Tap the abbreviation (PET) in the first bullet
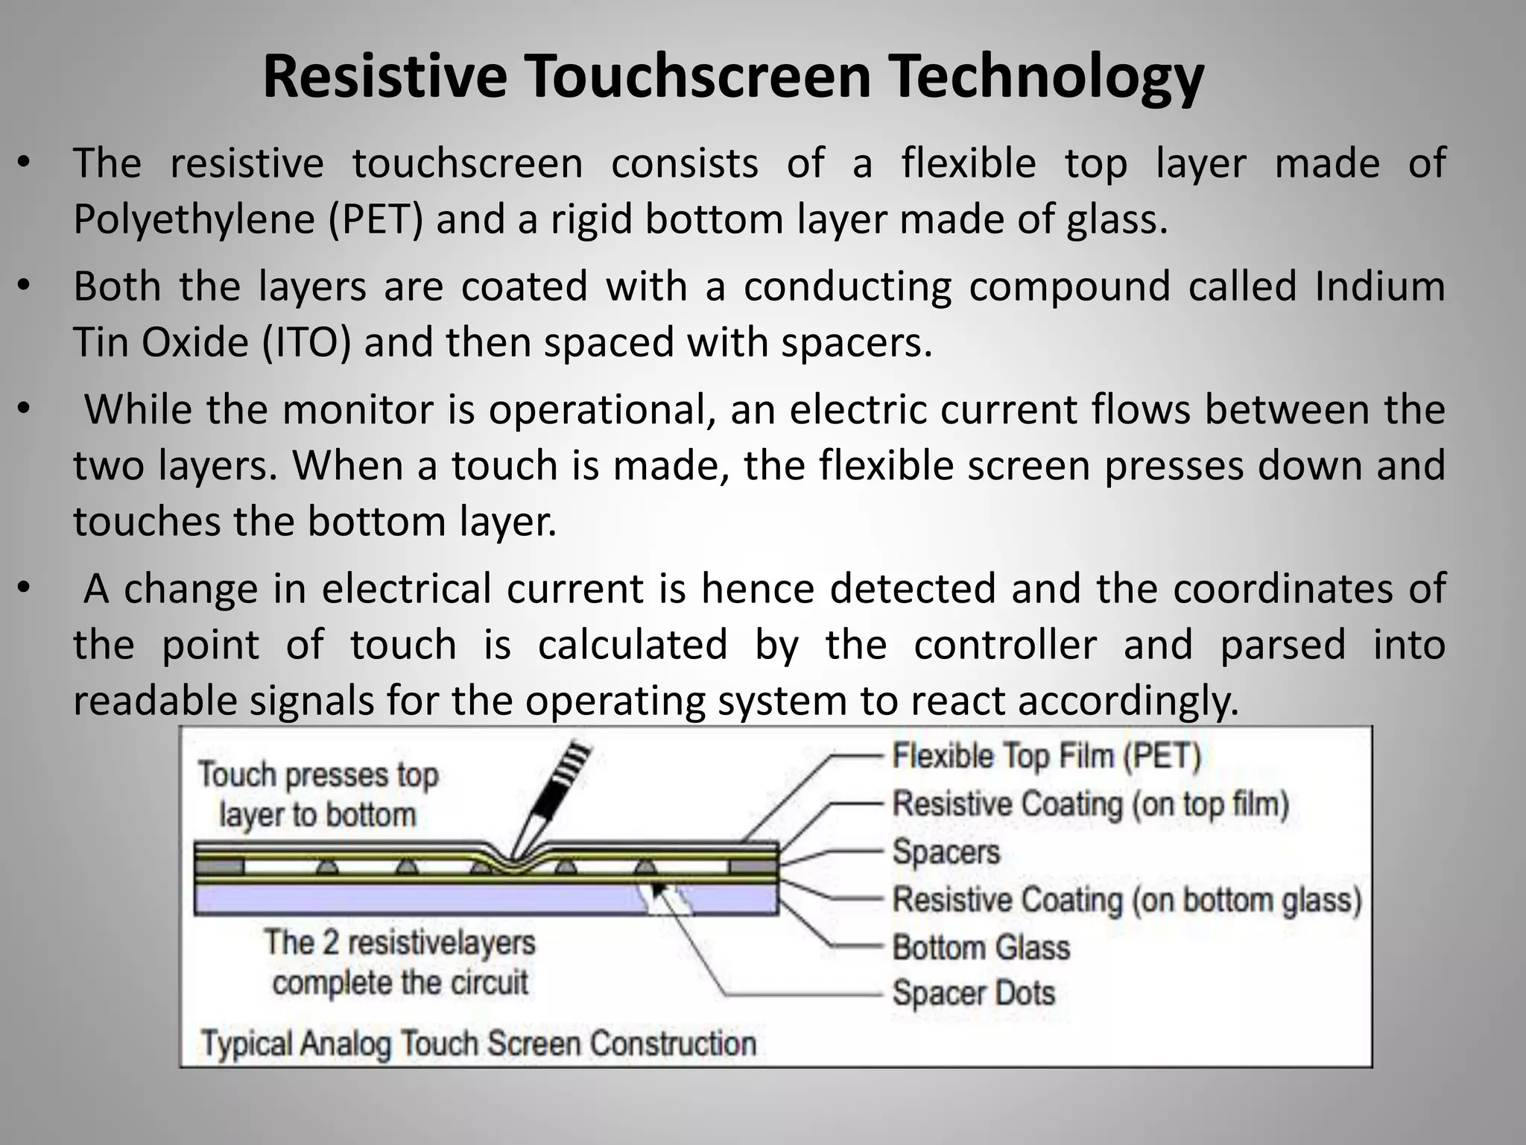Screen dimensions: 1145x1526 coord(376,219)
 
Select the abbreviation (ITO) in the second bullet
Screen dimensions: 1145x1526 coord(306,342)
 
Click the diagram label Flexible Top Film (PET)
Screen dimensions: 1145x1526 coord(1047,756)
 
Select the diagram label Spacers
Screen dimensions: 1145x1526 coord(946,851)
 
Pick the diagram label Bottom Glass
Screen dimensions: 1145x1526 coord(981,947)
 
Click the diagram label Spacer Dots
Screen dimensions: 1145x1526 coord(973,994)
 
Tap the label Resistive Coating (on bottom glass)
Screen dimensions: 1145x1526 coord(1127,900)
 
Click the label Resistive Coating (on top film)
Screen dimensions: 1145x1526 coord(1090,804)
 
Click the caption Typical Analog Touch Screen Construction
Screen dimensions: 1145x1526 coord(478,1042)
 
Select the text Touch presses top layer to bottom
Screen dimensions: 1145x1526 coord(317,795)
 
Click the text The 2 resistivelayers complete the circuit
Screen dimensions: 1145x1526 coord(399,962)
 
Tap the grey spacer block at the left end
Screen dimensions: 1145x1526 coord(219,867)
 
